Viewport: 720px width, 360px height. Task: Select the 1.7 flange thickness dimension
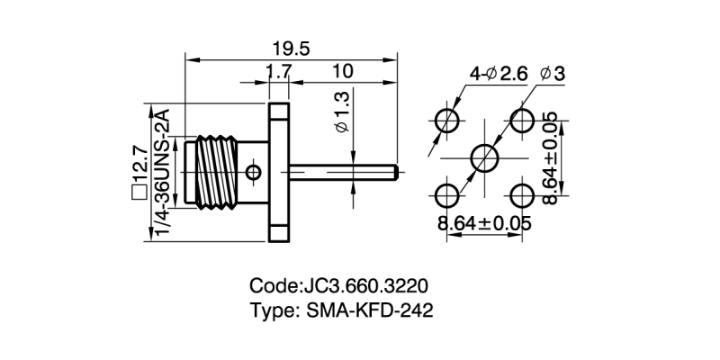click(x=278, y=71)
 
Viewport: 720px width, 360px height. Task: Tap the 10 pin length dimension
click(x=341, y=71)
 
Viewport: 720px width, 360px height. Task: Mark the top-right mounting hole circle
click(x=522, y=120)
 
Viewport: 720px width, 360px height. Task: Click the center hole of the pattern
click(x=484, y=157)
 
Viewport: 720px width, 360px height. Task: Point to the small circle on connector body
click(x=255, y=170)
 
